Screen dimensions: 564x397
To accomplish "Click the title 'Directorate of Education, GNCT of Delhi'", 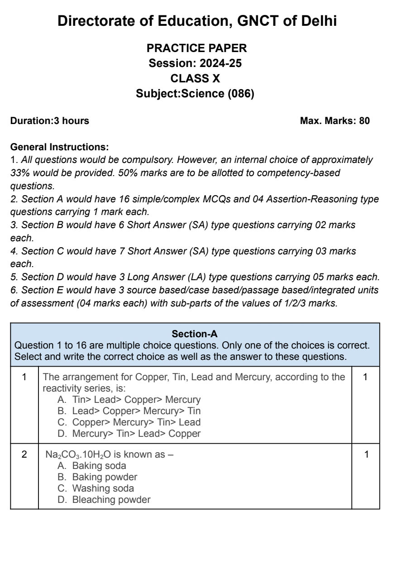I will (x=197, y=21).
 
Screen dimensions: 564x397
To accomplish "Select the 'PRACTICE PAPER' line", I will (x=197, y=48).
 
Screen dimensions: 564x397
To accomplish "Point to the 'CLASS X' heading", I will (x=195, y=78).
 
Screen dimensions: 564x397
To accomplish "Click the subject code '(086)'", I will (x=241, y=94).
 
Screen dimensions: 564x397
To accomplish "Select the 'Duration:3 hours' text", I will (x=50, y=121).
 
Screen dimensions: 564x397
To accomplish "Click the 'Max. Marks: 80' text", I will (x=335, y=121).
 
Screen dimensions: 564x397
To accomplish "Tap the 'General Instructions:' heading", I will (x=59, y=147).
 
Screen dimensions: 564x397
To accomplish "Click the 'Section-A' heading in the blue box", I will (x=195, y=334).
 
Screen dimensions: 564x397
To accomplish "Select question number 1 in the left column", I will (x=24, y=377).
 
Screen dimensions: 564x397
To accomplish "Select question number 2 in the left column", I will (x=24, y=454).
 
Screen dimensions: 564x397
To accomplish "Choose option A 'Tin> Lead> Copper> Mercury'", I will (x=136, y=400).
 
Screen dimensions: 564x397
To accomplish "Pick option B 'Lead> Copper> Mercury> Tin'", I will (x=136, y=411).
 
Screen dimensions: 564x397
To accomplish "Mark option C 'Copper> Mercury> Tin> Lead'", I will (x=136, y=422).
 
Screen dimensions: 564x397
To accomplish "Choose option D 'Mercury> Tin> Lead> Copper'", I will (x=136, y=434).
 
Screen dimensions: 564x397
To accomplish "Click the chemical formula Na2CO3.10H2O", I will (x=78, y=454).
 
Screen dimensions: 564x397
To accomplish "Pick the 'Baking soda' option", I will (x=99, y=466).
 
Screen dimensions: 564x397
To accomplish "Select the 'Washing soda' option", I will (x=103, y=488).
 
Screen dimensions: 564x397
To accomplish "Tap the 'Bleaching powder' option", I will (x=111, y=500).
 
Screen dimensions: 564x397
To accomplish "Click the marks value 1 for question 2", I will (x=366, y=454).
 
